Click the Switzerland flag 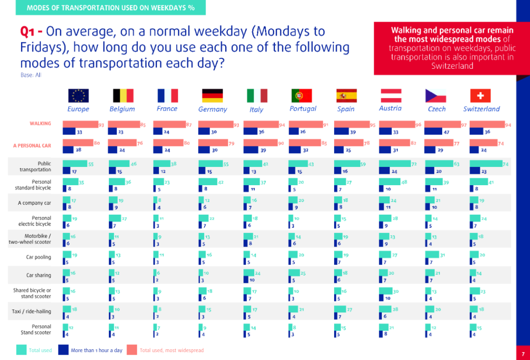tap(480, 95)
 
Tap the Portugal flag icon tap(302, 95)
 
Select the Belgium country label tap(122, 109)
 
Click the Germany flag tap(212, 95)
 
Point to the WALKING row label tap(40, 123)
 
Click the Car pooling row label tap(39, 257)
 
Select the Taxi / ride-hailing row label tap(31, 311)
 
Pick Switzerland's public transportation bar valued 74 tap(486, 164)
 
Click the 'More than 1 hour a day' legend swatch tap(63, 350)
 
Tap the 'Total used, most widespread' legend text tap(171, 350)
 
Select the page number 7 tap(523, 354)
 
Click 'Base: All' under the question tap(30, 75)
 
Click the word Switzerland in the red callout tap(451, 66)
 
